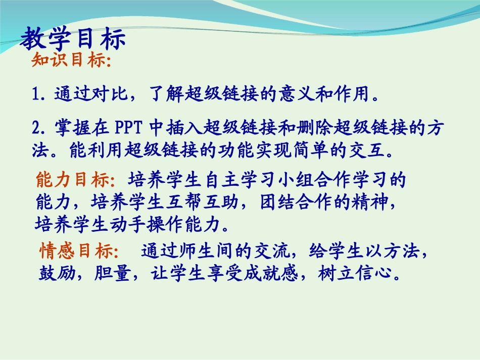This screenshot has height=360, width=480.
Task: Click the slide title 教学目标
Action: (73, 39)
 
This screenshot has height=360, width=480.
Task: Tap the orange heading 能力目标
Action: (76, 180)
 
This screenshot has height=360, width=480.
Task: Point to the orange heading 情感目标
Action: (78, 251)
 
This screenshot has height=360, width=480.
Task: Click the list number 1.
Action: (36, 94)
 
